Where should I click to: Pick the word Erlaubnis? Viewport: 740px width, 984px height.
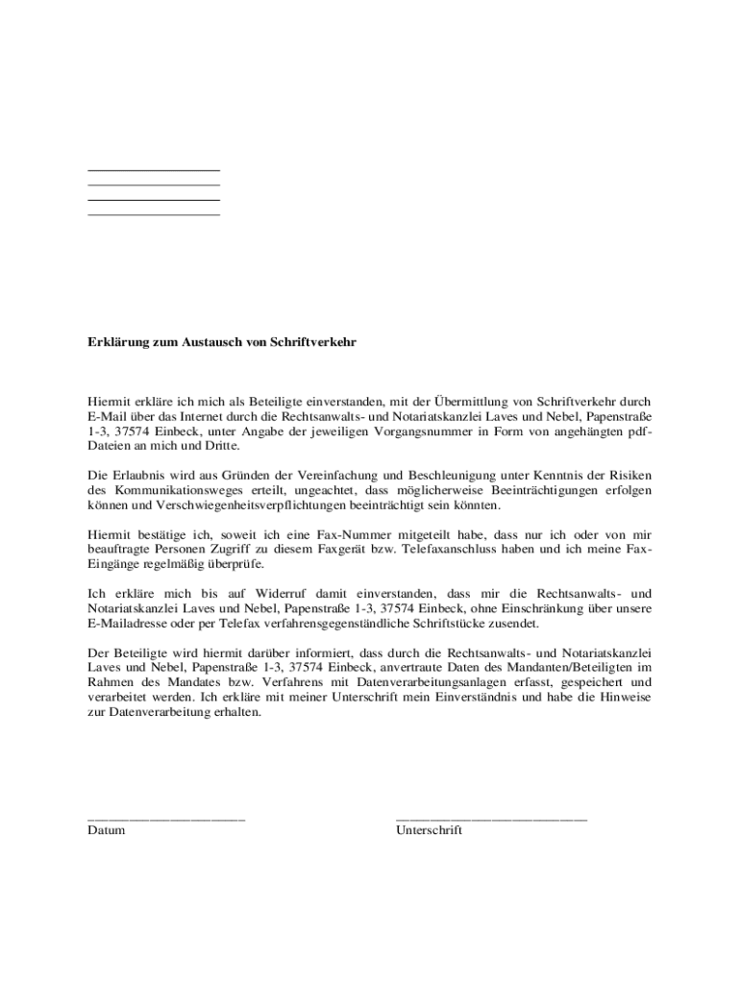pos(144,476)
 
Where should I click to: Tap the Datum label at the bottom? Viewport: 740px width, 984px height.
pos(106,830)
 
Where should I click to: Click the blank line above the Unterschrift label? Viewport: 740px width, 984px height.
pos(491,819)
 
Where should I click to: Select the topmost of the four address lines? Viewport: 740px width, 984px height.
pos(154,170)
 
